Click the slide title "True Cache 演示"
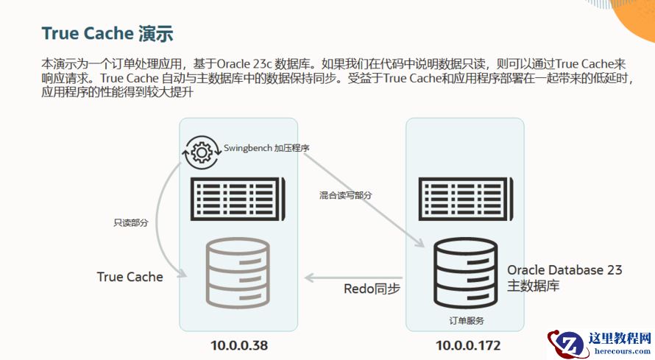click(107, 35)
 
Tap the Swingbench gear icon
click(201, 151)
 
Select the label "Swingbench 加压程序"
click(266, 148)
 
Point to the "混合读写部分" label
click(345, 195)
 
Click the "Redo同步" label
click(372, 289)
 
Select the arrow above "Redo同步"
click(353, 278)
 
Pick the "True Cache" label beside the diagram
click(130, 277)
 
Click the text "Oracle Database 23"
click(564, 270)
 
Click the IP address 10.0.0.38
click(238, 345)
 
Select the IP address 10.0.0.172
click(468, 345)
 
